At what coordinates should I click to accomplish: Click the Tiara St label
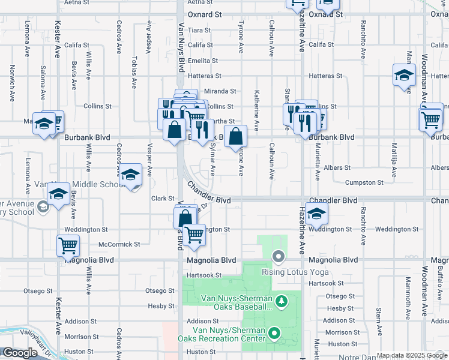[x=199, y=30]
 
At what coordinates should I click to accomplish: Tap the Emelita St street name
[x=202, y=61]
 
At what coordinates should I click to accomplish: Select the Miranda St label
[x=220, y=91]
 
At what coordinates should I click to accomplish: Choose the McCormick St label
[x=119, y=244]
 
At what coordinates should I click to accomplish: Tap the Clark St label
[x=162, y=198]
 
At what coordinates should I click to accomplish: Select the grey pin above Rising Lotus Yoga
[x=278, y=257]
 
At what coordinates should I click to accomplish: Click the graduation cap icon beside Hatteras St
[x=404, y=76]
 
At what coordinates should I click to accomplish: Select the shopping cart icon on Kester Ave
[x=68, y=245]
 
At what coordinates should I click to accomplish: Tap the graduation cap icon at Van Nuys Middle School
[x=130, y=175]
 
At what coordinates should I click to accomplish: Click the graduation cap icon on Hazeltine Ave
[x=316, y=214]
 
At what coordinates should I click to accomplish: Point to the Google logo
[x=20, y=353]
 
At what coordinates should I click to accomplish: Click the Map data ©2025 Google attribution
[x=411, y=355]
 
